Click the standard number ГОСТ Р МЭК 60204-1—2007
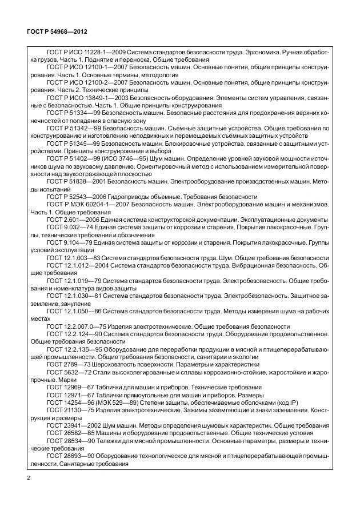click(x=83, y=204)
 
